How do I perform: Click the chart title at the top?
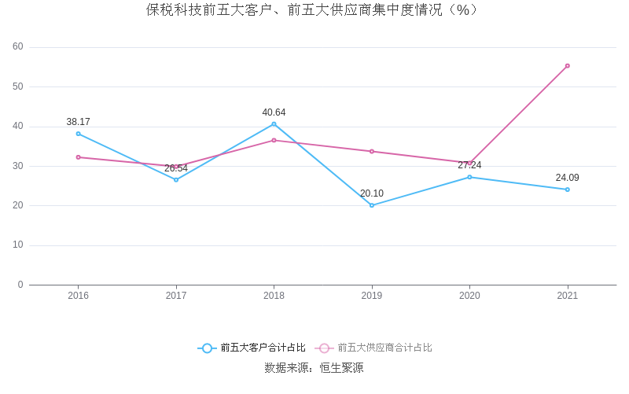[312, 10]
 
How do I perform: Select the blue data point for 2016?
[79, 134]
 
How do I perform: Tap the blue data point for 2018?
[274, 123]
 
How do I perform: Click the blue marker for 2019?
[372, 205]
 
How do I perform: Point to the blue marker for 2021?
[568, 190]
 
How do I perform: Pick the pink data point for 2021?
[568, 66]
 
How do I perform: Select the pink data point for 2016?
[79, 157]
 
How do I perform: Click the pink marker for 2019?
[372, 151]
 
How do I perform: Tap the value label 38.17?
[78, 122]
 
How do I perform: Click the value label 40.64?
[274, 112]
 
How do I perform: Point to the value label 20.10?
[372, 193]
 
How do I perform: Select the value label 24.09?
[567, 178]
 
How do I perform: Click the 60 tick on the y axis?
[18, 47]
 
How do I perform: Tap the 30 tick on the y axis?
[18, 166]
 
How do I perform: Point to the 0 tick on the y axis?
[20, 285]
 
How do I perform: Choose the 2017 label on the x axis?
[176, 296]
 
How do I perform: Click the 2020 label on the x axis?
[469, 296]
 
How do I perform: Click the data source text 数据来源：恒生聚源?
[314, 367]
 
